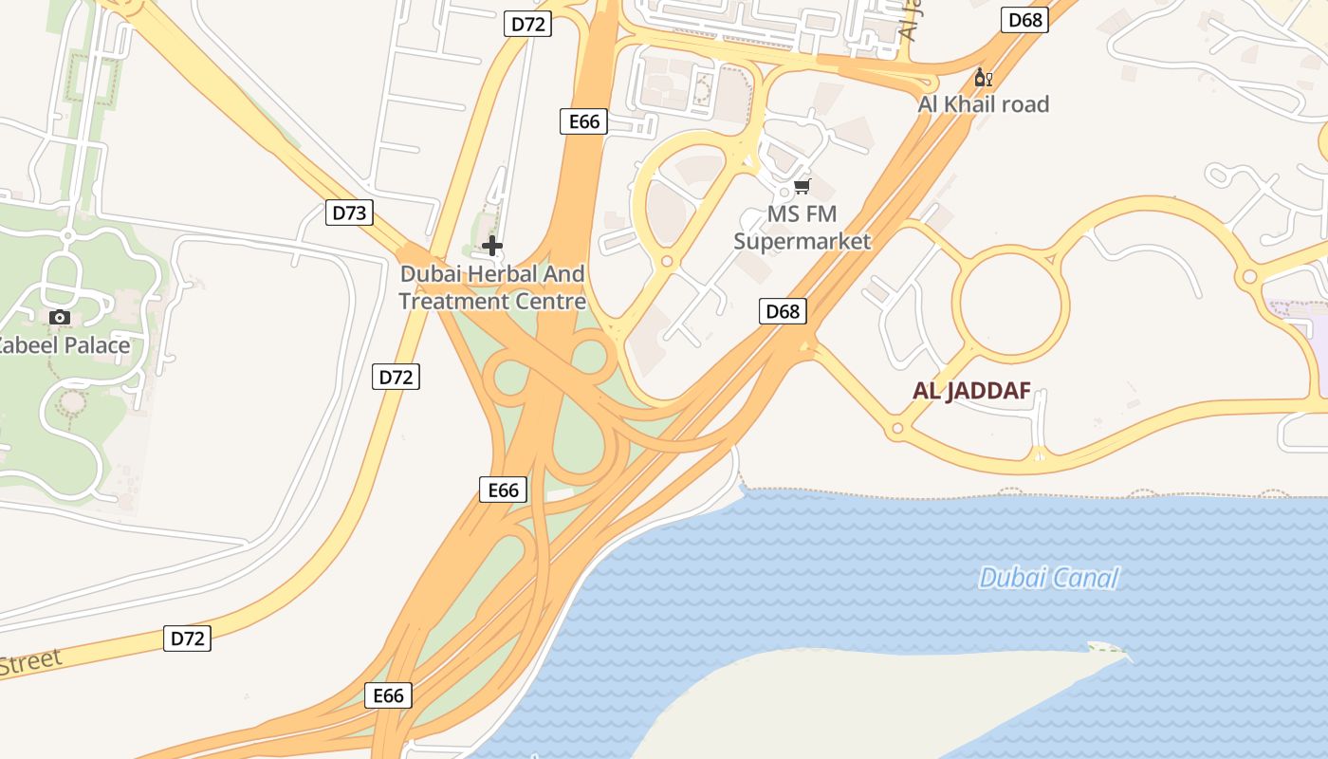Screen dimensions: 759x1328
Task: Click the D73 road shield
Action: point(349,213)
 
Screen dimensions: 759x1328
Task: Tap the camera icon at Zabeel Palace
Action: point(60,317)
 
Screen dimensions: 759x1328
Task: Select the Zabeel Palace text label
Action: point(64,345)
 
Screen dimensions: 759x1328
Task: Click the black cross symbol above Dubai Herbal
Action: point(491,247)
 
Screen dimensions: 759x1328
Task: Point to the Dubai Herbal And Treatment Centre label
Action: point(492,287)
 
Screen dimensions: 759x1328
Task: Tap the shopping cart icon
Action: point(802,187)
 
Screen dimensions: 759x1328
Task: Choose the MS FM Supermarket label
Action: point(802,228)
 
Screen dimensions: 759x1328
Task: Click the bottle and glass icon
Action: point(983,77)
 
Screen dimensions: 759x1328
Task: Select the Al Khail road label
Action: point(983,104)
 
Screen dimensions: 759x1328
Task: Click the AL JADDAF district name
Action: point(971,390)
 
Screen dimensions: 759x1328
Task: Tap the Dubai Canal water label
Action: point(1048,578)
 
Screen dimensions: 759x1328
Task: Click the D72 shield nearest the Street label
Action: point(187,639)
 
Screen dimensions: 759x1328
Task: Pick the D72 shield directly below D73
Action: point(396,377)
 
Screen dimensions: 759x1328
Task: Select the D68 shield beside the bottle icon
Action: point(1025,20)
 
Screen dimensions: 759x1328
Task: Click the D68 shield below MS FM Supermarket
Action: point(783,311)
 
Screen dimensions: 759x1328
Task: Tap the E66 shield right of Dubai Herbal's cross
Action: point(583,121)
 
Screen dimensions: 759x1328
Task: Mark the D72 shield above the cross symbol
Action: point(527,24)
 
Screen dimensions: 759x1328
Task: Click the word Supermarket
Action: point(802,241)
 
